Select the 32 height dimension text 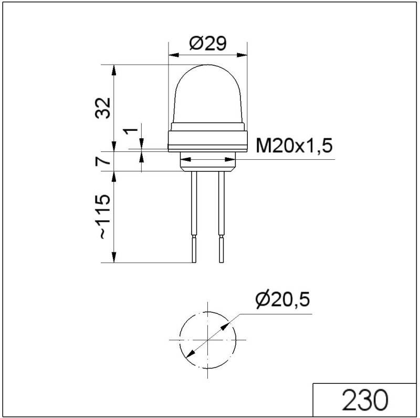(x=104, y=108)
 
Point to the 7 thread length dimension (x=104, y=161)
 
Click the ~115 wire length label (x=104, y=217)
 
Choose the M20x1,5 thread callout (x=294, y=146)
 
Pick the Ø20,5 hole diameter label (x=282, y=300)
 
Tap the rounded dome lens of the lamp (x=207, y=92)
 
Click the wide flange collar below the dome (x=207, y=139)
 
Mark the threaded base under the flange (x=207, y=162)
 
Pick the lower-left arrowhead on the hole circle (x=190, y=355)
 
